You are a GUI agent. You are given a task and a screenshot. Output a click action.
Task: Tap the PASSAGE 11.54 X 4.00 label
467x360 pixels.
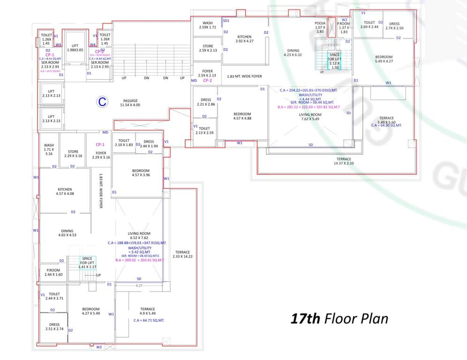coord(130,103)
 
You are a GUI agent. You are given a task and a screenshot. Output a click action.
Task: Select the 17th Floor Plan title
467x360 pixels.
coord(339,319)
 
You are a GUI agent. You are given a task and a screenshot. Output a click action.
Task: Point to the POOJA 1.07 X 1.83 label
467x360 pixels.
coord(320,27)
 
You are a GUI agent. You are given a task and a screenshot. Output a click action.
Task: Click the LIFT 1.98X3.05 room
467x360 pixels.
coord(75,47)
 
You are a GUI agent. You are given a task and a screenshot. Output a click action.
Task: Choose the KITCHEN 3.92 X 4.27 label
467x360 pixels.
coord(244,39)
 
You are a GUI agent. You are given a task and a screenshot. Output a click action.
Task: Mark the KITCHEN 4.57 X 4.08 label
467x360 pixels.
coord(65,191)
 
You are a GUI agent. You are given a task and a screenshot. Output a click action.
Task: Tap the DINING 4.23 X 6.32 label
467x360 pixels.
coord(294,52)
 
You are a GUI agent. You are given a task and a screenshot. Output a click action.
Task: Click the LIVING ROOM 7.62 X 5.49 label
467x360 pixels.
coord(309,117)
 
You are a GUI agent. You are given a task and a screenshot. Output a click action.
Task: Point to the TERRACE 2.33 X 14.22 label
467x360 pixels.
coord(182,254)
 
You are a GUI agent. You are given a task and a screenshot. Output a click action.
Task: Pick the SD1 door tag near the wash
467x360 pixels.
coord(226,21)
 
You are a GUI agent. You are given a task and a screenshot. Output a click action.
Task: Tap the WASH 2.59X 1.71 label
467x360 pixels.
coord(207,25)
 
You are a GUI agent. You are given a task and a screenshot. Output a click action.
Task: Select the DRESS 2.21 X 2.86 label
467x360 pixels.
coord(206,102)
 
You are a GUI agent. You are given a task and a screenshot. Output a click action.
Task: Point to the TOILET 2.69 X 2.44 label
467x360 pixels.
coord(369,24)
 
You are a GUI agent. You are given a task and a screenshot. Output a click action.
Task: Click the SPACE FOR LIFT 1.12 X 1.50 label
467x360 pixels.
coord(334,61)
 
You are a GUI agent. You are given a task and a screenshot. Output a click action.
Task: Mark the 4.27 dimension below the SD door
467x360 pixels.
coord(139,285)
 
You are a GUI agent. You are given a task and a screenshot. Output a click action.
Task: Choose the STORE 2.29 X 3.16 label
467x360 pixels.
coord(73,154)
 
